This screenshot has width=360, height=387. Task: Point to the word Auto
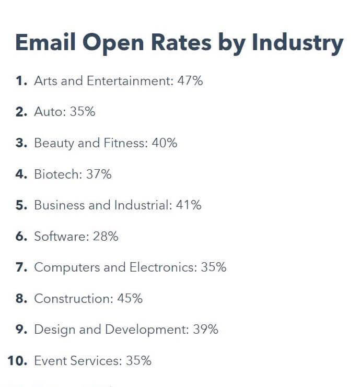click(x=49, y=112)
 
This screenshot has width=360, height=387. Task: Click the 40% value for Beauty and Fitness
click(x=164, y=143)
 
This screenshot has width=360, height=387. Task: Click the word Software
click(x=60, y=237)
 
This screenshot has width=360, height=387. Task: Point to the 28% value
click(x=106, y=237)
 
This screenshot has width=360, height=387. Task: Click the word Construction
click(x=72, y=299)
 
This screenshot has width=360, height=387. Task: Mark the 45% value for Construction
click(x=130, y=299)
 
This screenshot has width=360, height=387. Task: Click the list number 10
click(x=17, y=361)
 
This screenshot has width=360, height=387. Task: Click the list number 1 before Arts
click(x=20, y=81)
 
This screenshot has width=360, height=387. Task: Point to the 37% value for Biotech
click(x=99, y=174)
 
